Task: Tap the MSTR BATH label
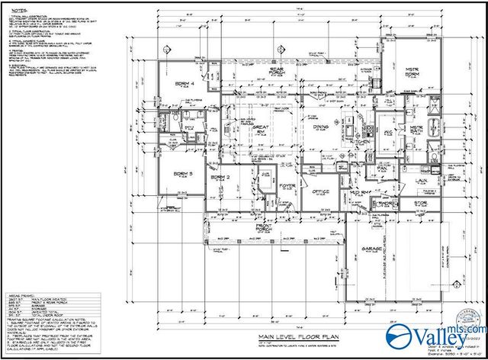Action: [x=417, y=130]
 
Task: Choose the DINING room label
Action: [x=321, y=127]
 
